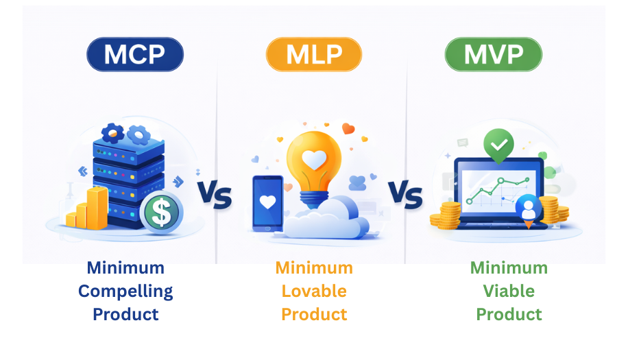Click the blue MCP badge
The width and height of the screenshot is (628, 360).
[135, 55]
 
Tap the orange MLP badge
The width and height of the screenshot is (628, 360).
[313, 55]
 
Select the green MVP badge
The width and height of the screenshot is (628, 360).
[493, 55]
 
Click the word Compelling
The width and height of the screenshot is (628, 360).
[125, 291]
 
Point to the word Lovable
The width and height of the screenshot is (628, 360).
[314, 291]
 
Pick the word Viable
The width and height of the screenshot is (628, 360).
[509, 291]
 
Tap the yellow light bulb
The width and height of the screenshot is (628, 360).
[313, 161]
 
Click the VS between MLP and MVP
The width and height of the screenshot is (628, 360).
[405, 195]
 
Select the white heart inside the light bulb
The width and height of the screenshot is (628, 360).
[314, 160]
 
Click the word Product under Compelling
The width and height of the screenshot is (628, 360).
[125, 314]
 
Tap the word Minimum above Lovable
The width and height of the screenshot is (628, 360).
[314, 267]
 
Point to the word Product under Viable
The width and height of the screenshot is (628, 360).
[509, 314]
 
